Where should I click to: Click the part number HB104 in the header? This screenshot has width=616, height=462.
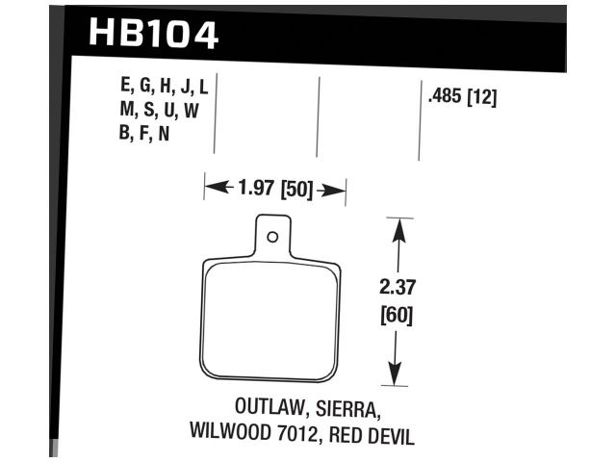tap(154, 35)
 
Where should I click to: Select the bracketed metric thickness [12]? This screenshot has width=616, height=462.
tap(482, 97)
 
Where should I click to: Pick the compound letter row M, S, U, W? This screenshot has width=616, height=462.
tap(159, 111)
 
